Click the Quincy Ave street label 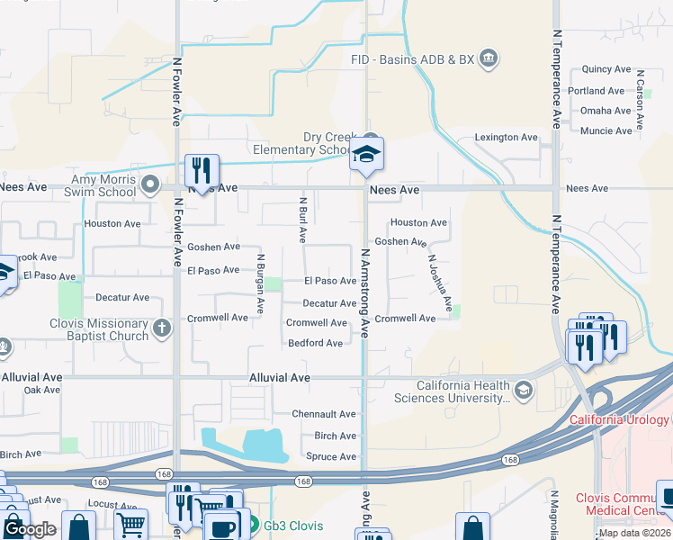click(x=606, y=69)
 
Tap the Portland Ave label click(x=596, y=91)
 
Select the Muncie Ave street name click(x=606, y=131)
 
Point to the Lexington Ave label click(x=506, y=138)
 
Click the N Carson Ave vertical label click(x=640, y=94)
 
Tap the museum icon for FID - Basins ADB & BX click(x=489, y=59)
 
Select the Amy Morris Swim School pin click(x=150, y=186)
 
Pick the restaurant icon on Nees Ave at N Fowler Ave click(x=200, y=168)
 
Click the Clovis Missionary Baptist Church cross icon click(x=162, y=328)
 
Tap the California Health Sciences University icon click(x=524, y=390)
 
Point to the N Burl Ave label click(x=303, y=220)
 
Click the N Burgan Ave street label click(x=260, y=283)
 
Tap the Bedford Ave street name click(x=315, y=343)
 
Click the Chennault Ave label click(x=324, y=414)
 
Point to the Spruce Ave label click(x=330, y=456)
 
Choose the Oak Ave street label click(x=42, y=391)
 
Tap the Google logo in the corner click(x=30, y=528)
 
